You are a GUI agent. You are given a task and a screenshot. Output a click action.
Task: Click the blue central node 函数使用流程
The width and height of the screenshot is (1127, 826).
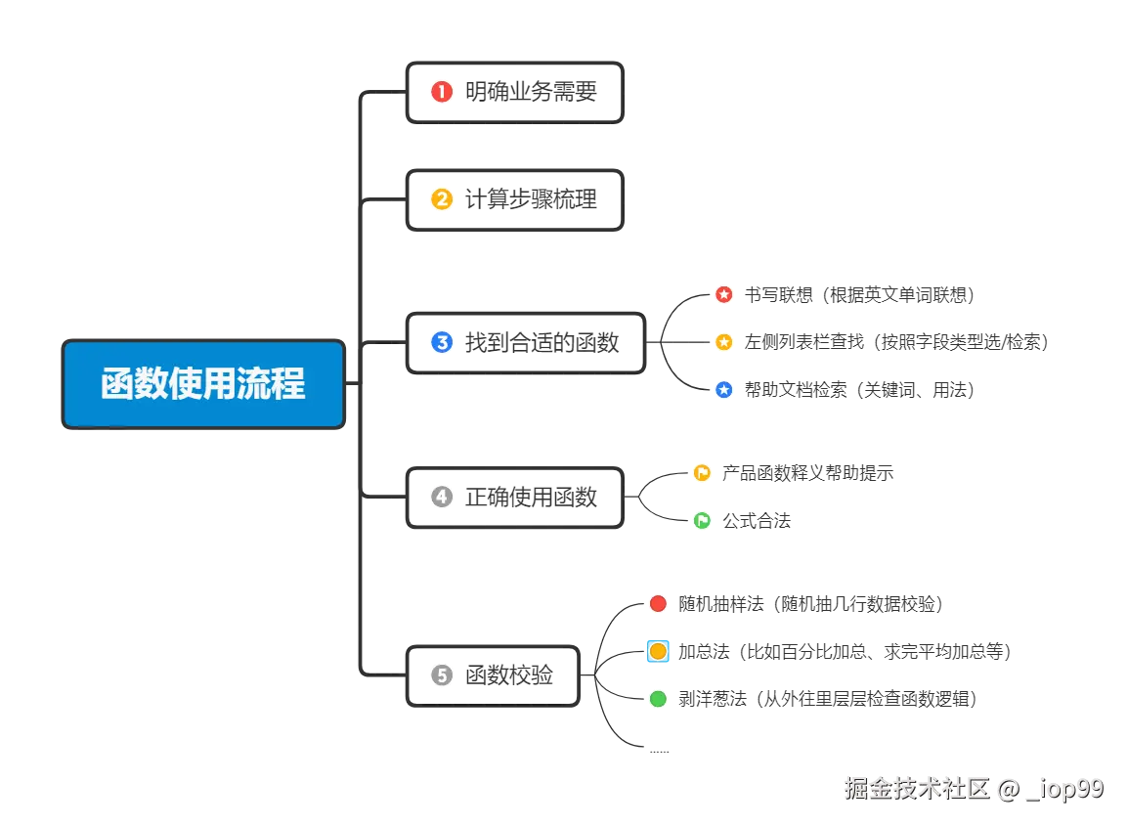tap(203, 383)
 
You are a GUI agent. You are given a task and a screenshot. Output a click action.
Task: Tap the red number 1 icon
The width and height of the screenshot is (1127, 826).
tap(442, 92)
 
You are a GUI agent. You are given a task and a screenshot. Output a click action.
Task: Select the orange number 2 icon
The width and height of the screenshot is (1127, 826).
tap(442, 199)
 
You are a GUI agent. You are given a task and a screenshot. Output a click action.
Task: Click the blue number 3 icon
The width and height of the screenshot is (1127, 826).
tap(442, 343)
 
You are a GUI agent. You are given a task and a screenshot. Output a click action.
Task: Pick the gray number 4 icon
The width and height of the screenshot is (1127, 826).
tap(442, 497)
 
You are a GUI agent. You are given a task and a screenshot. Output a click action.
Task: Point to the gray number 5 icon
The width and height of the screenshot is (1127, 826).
tap(442, 674)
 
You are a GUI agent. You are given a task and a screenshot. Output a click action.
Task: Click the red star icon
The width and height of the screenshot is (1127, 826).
tap(723, 293)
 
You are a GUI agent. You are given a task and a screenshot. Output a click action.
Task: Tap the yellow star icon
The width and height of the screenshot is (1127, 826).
tap(723, 341)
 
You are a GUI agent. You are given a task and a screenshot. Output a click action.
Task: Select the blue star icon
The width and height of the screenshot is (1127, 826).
tap(723, 389)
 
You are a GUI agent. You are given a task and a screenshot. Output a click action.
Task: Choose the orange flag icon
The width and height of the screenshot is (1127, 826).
tap(702, 473)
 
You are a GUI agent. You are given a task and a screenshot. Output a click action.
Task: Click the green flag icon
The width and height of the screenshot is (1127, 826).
tap(702, 520)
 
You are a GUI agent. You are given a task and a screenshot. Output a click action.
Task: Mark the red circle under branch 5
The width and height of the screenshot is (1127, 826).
tap(658, 604)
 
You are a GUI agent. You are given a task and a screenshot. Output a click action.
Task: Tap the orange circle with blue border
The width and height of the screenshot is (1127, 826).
tap(658, 651)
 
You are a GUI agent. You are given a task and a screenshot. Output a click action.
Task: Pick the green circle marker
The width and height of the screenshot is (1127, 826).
tap(658, 699)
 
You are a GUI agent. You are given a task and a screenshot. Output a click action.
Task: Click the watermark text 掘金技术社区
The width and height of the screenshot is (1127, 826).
tap(916, 789)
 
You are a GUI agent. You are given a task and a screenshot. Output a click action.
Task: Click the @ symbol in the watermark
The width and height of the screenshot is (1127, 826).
tap(1007, 789)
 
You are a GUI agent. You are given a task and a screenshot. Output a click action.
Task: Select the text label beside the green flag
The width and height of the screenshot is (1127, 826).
tap(759, 520)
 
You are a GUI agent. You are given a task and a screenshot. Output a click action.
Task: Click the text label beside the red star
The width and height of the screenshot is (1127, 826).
tap(860, 293)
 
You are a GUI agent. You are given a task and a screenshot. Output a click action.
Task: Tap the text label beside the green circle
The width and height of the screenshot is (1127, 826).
tap(825, 699)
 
